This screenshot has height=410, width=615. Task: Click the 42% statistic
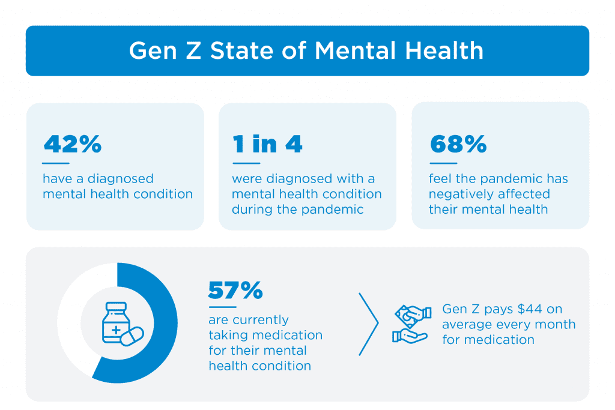72,145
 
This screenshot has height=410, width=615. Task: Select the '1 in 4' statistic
267,145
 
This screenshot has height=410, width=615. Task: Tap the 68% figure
458,145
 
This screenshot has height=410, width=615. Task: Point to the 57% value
235,291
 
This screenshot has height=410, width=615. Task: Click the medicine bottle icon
115,323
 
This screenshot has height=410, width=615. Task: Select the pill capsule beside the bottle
133,337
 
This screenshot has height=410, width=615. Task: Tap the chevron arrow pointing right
369,324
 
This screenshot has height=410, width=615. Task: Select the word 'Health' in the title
445,51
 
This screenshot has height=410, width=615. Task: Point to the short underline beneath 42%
55,163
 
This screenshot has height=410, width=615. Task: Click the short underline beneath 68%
443,163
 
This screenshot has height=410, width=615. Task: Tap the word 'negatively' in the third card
459,194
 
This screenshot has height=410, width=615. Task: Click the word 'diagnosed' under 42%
120,179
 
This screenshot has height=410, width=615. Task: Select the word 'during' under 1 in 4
253,210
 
